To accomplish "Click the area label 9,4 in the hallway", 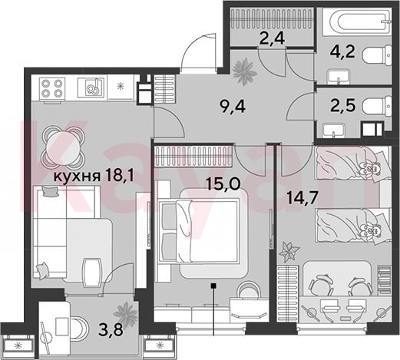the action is pos(233,107).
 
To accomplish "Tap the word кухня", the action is pos(77,177).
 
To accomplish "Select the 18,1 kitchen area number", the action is pos(119,176).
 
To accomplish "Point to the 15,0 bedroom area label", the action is pos(223,183).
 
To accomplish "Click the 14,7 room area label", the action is pos(302,198).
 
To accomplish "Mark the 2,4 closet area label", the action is pos(272,39).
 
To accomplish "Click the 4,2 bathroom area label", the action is pos(342,52).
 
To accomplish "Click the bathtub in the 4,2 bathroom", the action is pos(357,21).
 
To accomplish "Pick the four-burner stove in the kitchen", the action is pos(52,88).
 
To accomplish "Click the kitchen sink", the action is pos(91,88).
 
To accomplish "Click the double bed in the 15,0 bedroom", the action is pos(199,231).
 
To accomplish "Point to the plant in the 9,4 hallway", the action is pos(244,71).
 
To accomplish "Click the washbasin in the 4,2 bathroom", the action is pos(339,76).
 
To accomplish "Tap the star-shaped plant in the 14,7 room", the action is pos(289,252).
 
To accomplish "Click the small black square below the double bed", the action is pos(213,285).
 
